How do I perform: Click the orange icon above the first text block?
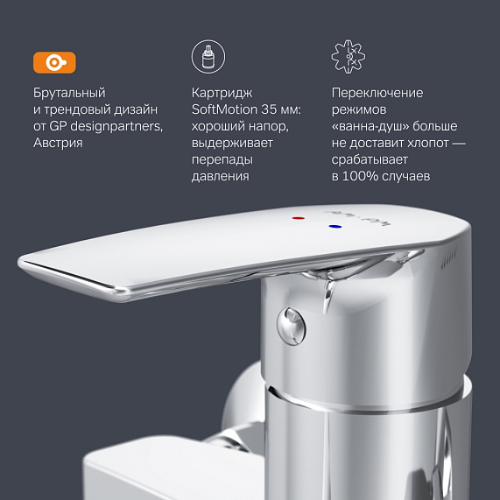(54, 62)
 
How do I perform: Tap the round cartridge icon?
(208, 58)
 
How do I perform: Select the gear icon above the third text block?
(348, 58)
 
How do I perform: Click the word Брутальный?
(69, 93)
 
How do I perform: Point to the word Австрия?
(58, 143)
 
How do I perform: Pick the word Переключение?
(377, 93)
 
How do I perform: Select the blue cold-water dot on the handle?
(335, 227)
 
